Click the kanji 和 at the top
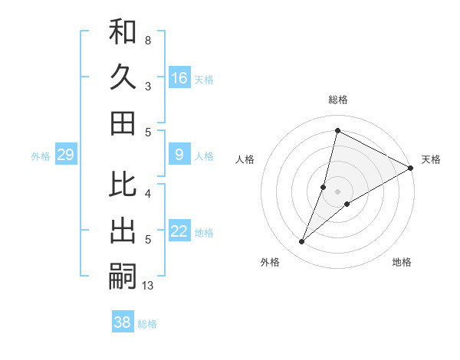(123, 31)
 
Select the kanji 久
(123, 77)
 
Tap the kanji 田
(123, 123)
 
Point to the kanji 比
(123, 185)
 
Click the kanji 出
(123, 231)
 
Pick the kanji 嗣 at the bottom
(123, 276)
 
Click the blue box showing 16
(179, 78)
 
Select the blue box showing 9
(179, 155)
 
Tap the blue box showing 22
(179, 231)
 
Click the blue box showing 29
(65, 155)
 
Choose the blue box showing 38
(123, 322)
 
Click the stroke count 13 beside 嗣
(148, 286)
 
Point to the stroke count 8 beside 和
(147, 40)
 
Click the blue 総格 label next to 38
(147, 324)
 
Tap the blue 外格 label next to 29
(41, 156)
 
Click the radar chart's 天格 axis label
(431, 159)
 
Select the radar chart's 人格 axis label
(245, 159)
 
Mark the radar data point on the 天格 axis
(410, 168)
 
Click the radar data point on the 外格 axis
(302, 242)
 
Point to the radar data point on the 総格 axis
(337, 130)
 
